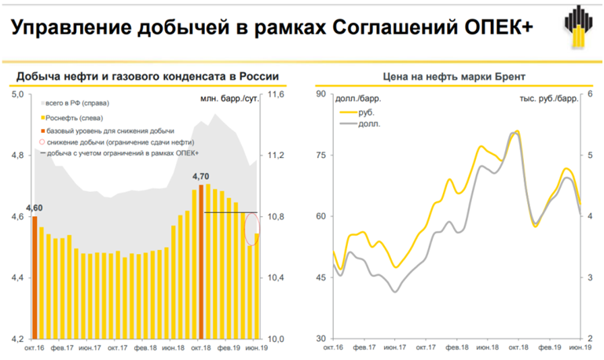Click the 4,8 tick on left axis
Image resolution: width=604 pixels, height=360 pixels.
tap(16, 156)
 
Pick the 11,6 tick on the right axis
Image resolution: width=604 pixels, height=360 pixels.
tap(276, 94)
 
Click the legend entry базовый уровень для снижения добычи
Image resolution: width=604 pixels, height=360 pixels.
tap(106, 130)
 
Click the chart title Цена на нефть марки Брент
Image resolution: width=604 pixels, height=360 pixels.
tap(454, 76)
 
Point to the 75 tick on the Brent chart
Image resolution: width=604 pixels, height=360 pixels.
tap(321, 156)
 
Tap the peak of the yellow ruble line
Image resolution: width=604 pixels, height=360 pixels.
tap(517, 131)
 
